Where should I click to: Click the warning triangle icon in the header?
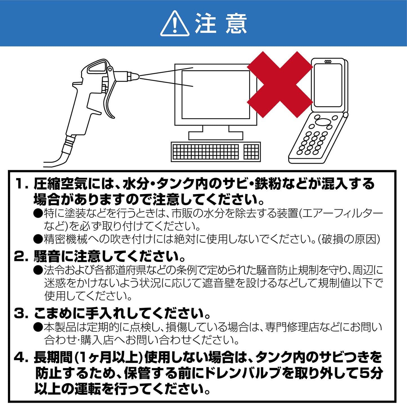175,24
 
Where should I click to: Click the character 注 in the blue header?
206,24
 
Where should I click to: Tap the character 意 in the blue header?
236,24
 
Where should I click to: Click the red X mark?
280,84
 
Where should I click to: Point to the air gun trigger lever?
110,93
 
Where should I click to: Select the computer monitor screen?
215,95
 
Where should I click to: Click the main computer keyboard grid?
205,152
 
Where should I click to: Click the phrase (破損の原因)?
349,239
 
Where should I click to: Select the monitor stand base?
215,136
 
